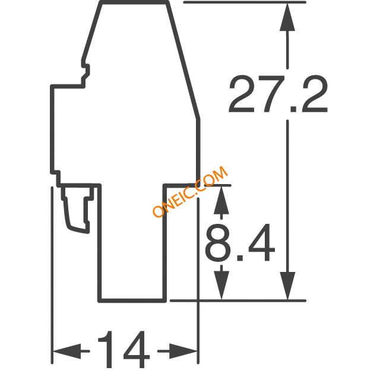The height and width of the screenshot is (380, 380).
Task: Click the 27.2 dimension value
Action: click(x=278, y=94)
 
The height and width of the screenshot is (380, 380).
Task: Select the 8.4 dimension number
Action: click(x=240, y=242)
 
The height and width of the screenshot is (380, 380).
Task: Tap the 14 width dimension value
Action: click(x=124, y=350)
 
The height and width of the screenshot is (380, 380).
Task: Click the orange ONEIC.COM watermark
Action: click(x=190, y=191)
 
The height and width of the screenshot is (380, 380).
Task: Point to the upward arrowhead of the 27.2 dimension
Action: click(x=287, y=17)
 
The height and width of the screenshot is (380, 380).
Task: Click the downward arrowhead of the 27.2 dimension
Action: click(x=287, y=286)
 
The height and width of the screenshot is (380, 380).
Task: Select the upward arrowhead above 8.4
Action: click(x=221, y=200)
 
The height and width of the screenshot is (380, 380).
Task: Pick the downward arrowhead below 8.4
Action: click(x=221, y=286)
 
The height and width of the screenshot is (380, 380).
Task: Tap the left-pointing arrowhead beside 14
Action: click(x=67, y=351)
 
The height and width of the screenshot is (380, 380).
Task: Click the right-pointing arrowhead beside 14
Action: click(x=183, y=351)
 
